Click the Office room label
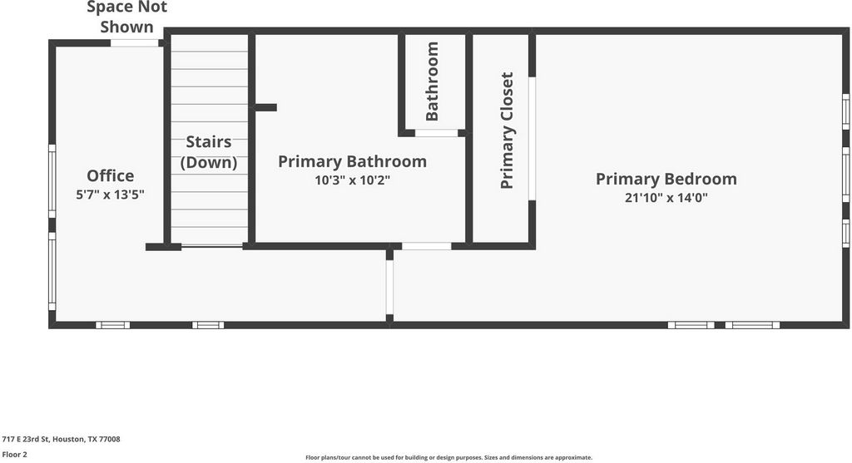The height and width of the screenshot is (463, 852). click(x=111, y=175)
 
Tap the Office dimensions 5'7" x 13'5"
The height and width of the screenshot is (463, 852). click(x=111, y=195)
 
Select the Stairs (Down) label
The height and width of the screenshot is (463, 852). click(x=209, y=152)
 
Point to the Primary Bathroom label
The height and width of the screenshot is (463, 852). click(x=352, y=161)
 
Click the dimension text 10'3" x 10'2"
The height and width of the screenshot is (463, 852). click(x=353, y=180)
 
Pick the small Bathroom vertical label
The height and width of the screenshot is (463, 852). click(x=432, y=81)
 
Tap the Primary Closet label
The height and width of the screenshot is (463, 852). click(x=507, y=131)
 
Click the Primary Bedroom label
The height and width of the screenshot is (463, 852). click(x=666, y=179)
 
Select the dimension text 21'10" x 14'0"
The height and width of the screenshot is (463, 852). click(x=666, y=198)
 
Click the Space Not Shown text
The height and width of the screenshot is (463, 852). click(x=127, y=17)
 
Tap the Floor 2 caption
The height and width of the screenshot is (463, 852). click(x=15, y=455)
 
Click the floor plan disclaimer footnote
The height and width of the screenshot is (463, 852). click(x=448, y=457)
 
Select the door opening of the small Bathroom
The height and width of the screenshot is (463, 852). click(x=437, y=133)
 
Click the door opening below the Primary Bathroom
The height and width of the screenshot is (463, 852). click(x=427, y=246)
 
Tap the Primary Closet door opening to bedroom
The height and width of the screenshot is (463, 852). click(x=532, y=139)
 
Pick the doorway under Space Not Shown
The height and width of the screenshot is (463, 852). click(x=134, y=43)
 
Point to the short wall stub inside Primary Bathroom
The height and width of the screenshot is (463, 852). click(x=265, y=107)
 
